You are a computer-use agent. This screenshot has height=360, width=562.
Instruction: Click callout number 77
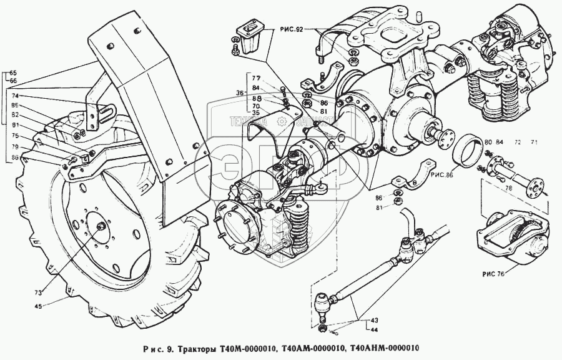pos(256,79)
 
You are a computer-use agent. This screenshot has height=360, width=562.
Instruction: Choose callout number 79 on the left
pos(14,147)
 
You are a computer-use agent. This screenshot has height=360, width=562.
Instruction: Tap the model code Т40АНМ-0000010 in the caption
pos(384,348)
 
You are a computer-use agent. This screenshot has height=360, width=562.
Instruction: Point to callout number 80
pos(488,143)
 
